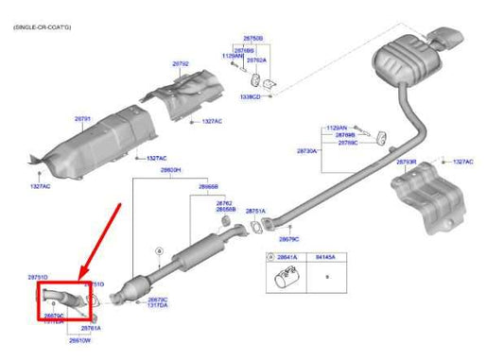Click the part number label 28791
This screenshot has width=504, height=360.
click(x=83, y=120)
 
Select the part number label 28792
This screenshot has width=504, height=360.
click(x=181, y=64)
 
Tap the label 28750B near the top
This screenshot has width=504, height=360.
click(x=254, y=39)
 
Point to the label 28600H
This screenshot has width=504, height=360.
click(x=169, y=170)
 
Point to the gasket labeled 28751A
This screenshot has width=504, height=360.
click(x=256, y=227)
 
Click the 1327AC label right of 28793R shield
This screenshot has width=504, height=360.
click(x=462, y=162)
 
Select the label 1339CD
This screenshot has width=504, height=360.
click(x=252, y=97)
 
